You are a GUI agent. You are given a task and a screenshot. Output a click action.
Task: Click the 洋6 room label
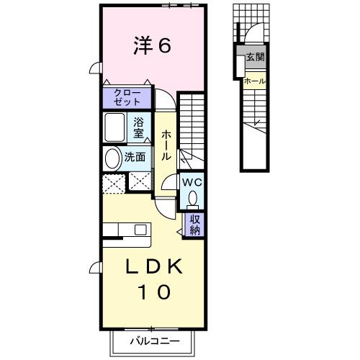pos(151,46)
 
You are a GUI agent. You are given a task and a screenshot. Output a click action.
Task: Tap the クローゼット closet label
pos(127,97)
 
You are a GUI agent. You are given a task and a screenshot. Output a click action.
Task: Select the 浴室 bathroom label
pos(138,127)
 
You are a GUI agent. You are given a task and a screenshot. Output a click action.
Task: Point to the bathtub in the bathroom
pos(115,128)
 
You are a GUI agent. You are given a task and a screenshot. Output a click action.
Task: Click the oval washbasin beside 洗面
pos(112,158)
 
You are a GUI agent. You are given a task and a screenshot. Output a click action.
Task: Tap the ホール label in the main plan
pos(166,144)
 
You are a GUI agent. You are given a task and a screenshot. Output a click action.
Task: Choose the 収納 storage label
pos(195,225)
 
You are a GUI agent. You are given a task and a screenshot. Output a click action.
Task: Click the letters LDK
pos(151,266)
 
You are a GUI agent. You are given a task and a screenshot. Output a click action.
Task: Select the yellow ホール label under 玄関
pos(254,81)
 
